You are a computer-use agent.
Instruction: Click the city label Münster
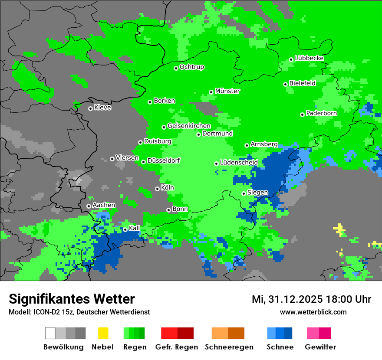(x=227, y=91)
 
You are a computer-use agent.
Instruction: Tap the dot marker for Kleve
(x=90, y=108)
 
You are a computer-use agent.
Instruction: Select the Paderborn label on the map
(x=321, y=113)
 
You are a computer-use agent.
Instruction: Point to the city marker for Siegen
(x=244, y=193)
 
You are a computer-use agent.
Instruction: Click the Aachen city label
(x=104, y=205)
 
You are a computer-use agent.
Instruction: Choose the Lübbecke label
(x=309, y=58)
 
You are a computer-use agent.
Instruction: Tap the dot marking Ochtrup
(x=176, y=68)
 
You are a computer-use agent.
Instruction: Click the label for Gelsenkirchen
(x=189, y=126)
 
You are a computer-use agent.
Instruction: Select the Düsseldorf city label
(x=163, y=160)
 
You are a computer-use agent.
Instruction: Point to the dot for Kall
(x=125, y=229)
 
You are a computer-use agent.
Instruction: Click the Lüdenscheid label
(x=239, y=163)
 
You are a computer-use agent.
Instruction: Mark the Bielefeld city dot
(x=285, y=84)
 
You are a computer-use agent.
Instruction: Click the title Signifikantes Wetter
(x=72, y=299)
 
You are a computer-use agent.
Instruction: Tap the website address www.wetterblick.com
(x=313, y=312)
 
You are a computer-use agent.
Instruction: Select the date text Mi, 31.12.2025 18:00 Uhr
(x=311, y=299)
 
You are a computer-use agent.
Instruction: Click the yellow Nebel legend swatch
(x=103, y=333)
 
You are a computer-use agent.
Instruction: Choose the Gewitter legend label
(x=320, y=347)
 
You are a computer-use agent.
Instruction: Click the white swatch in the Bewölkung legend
(x=50, y=333)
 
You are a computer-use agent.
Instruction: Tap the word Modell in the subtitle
(x=19, y=312)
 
